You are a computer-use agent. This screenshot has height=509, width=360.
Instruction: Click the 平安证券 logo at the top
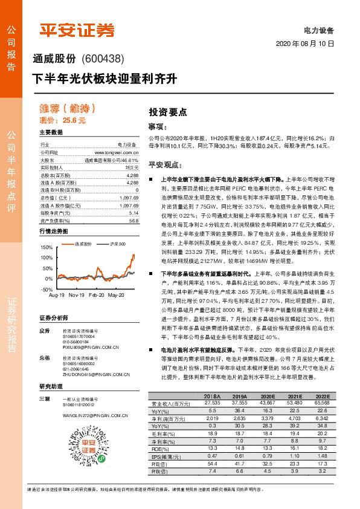click(x=77, y=30)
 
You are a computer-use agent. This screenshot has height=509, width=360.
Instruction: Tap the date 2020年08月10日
click(x=305, y=44)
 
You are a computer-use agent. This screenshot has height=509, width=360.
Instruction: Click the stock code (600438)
click(x=102, y=59)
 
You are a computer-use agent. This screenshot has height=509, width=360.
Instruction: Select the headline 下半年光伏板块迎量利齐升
click(x=104, y=79)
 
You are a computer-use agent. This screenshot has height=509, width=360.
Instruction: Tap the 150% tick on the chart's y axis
click(x=46, y=247)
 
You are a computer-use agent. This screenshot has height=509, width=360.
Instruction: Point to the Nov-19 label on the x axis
click(x=77, y=296)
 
